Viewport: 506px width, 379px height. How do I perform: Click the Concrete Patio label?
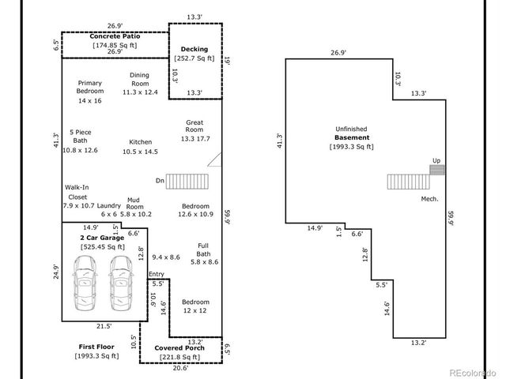[x=116, y=37]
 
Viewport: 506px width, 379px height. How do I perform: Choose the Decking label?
[x=194, y=49]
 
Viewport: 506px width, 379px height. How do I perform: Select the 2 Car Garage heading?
[x=101, y=238]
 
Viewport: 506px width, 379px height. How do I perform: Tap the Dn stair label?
[x=160, y=182]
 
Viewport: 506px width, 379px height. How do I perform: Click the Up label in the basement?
[x=436, y=160]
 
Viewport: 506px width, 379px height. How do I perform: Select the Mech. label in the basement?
[x=429, y=198]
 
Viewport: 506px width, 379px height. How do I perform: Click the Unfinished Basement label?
[x=351, y=137]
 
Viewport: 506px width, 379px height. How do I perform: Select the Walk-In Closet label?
[x=77, y=192]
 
